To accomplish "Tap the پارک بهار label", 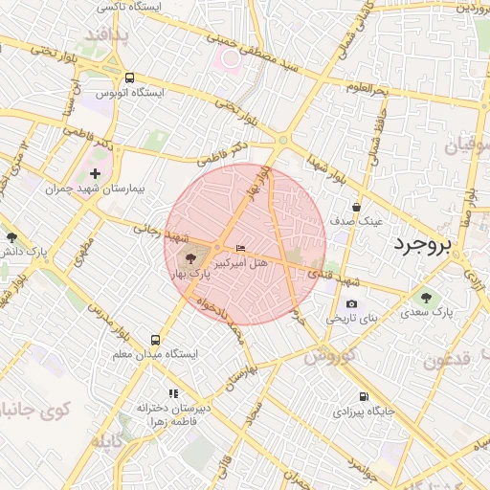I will (189, 275).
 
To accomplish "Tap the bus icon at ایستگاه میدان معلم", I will (155, 340).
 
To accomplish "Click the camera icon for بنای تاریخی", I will (351, 303).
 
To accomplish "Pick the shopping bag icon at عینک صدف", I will (357, 206).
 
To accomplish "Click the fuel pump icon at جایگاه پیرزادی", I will (363, 396).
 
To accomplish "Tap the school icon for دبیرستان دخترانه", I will (173, 393).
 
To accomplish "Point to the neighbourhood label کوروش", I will (329, 356).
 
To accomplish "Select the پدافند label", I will (105, 35).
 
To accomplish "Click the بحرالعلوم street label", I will (365, 89).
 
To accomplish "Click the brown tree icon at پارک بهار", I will (189, 258).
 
